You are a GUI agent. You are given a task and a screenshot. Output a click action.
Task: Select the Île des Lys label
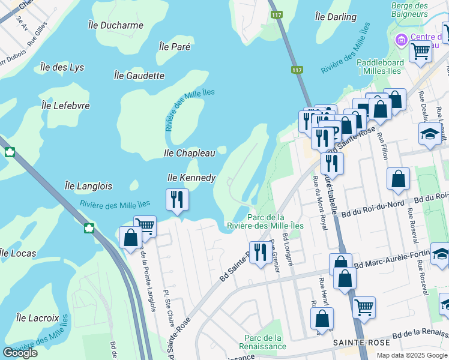62,67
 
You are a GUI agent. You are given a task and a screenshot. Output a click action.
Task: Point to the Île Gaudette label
139,75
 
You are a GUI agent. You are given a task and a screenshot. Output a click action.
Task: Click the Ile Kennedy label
191,178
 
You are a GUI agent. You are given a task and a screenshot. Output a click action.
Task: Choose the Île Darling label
336,17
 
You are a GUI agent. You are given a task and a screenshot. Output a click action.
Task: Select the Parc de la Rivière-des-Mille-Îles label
273,221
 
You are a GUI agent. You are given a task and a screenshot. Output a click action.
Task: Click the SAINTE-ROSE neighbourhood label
361,342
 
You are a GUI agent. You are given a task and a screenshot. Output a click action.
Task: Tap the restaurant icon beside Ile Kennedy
177,199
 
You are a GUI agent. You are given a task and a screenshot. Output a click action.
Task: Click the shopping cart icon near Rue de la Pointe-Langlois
145,226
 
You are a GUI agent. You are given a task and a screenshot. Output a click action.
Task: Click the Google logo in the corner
20,353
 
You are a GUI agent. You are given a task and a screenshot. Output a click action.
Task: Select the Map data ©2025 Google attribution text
411,355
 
